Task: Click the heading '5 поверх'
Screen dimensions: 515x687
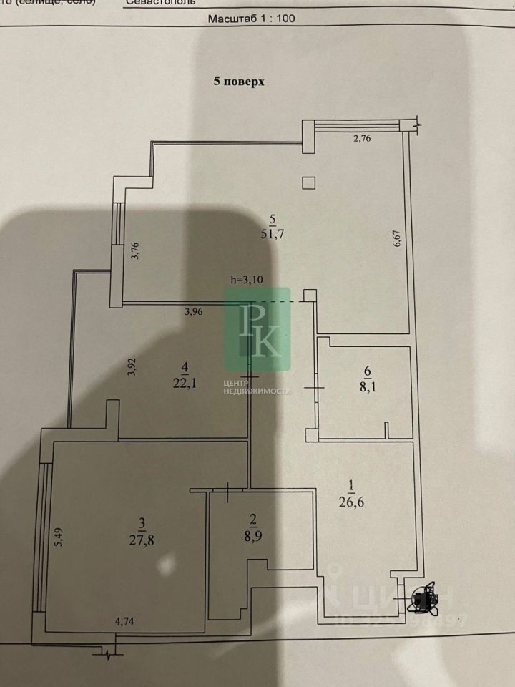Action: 239,82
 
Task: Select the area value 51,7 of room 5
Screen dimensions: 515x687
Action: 270,232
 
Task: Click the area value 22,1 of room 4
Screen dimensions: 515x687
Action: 185,383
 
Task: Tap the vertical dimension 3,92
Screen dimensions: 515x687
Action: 131,367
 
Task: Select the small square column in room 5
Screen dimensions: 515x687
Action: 308,182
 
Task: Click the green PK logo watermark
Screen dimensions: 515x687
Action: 257,329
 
